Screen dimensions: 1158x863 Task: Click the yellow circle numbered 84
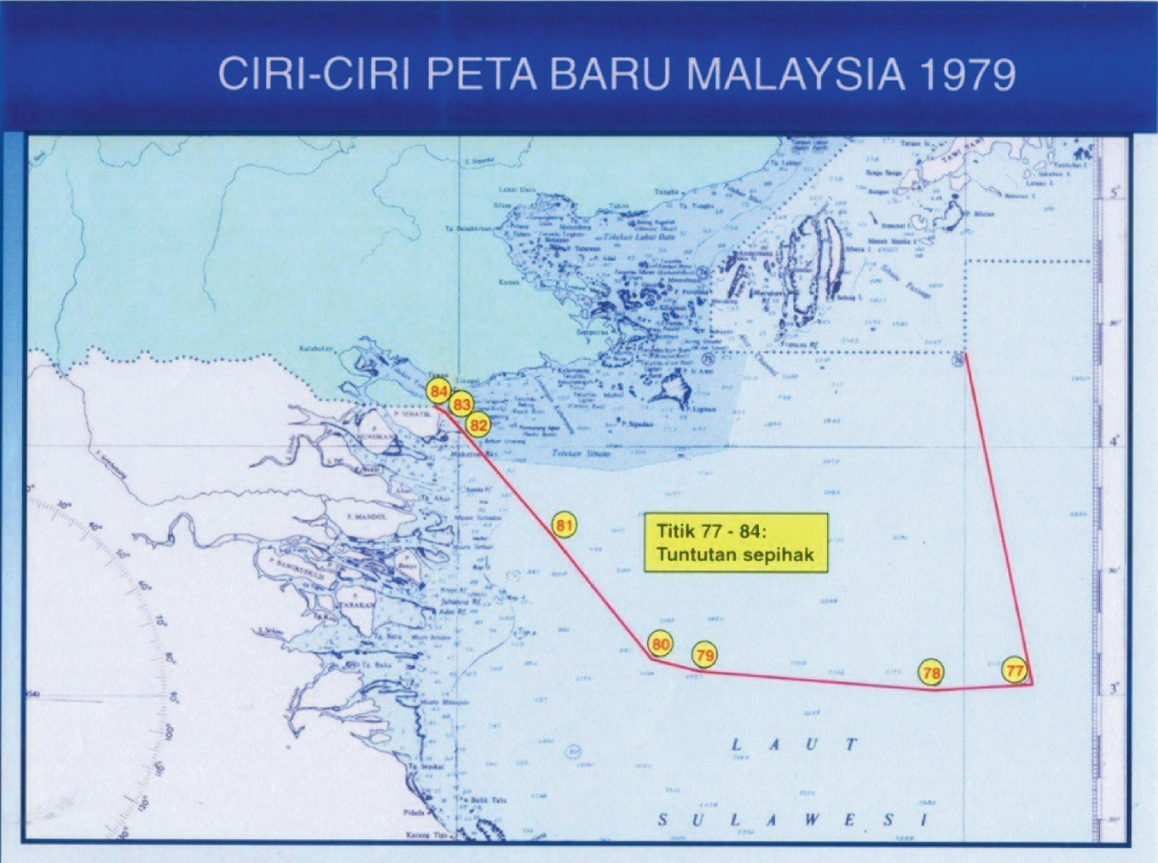(x=439, y=392)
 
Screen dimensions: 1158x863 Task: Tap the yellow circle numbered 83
(x=462, y=404)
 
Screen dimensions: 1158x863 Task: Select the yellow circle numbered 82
(x=479, y=425)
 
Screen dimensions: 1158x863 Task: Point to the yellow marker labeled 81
(x=564, y=525)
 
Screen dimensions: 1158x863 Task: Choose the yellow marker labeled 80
(x=660, y=645)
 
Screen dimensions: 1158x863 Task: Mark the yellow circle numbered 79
(x=704, y=656)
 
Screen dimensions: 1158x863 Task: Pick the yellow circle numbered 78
(x=931, y=673)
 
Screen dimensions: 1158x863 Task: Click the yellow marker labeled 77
(x=1014, y=671)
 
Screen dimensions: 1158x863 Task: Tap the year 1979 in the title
(x=967, y=75)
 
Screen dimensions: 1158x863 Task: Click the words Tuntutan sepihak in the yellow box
(x=735, y=554)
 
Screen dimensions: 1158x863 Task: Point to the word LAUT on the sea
(x=793, y=744)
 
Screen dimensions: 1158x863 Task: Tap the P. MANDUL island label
(x=367, y=517)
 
